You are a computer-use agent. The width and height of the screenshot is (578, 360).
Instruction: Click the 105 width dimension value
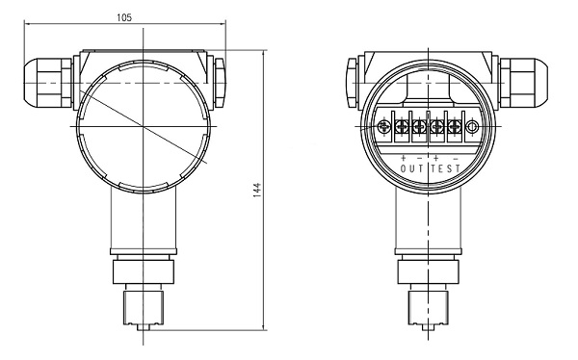click(124, 17)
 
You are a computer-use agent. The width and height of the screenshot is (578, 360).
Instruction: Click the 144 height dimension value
click(257, 190)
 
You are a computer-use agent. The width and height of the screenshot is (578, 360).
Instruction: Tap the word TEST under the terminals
click(446, 168)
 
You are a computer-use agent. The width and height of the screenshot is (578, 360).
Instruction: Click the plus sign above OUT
click(403, 158)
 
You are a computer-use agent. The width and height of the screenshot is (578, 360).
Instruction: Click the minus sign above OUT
click(419, 159)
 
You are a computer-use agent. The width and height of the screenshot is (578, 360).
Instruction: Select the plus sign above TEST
click(436, 158)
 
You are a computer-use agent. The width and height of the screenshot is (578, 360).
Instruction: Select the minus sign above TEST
click(456, 159)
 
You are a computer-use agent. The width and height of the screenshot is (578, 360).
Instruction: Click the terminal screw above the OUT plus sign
click(401, 127)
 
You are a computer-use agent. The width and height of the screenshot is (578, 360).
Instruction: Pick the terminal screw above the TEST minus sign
click(454, 127)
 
